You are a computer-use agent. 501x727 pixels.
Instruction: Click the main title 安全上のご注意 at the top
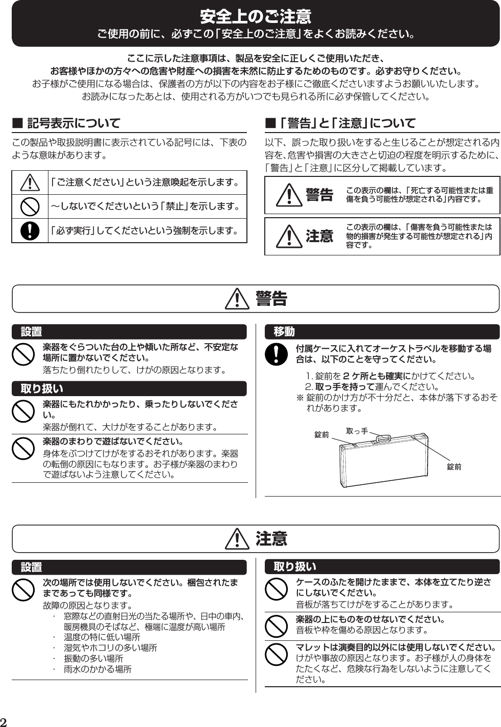pos(255,17)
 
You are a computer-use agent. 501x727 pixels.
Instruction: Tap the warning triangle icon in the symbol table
pos(30,183)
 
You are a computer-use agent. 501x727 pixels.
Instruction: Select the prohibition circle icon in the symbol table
pos(30,206)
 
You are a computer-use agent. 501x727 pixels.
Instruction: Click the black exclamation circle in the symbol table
pos(30,230)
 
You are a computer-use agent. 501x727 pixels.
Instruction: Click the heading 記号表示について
pos(73,123)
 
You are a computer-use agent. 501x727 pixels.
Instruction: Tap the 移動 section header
pos(284,332)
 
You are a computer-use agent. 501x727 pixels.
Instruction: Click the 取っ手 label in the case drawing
pos(357,431)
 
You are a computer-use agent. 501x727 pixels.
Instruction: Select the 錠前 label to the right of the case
pos(454,466)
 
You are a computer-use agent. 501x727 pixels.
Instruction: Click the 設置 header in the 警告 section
pos(31,332)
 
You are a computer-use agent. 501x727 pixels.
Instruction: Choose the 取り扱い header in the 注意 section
pos(295,566)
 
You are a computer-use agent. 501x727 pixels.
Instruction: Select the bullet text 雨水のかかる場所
pos(97,669)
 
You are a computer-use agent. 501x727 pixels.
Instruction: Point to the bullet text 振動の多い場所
pos(93,658)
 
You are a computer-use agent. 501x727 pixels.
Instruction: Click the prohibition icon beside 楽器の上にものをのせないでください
pos(276,626)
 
